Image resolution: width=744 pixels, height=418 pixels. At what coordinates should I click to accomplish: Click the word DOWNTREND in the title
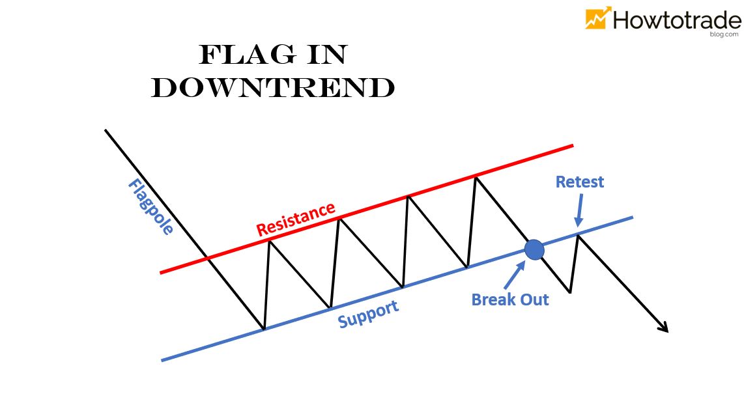[x=273, y=89]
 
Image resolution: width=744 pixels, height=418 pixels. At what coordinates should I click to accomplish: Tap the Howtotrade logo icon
[x=598, y=18]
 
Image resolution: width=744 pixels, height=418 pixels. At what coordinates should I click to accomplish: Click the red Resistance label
[x=295, y=219]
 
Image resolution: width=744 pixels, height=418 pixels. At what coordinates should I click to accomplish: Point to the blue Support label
[x=368, y=314]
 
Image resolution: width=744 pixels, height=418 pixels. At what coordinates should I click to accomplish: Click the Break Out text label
[x=510, y=300]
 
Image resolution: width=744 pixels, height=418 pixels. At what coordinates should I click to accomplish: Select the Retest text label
[x=579, y=182]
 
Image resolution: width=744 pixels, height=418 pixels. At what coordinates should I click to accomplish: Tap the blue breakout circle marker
[x=534, y=249]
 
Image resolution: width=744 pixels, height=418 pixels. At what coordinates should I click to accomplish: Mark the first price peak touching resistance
[x=269, y=241]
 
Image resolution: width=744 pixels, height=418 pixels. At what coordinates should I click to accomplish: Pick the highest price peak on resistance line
[x=477, y=176]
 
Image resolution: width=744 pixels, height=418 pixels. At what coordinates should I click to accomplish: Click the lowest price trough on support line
[x=263, y=329]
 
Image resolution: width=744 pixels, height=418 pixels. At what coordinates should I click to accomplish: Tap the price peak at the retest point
[x=578, y=235]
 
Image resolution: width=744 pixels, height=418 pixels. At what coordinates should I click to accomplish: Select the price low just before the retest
[x=570, y=292]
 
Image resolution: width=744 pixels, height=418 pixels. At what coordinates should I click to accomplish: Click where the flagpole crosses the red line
[x=207, y=259]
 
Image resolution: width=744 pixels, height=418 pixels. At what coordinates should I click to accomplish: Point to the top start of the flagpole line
[x=106, y=130]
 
